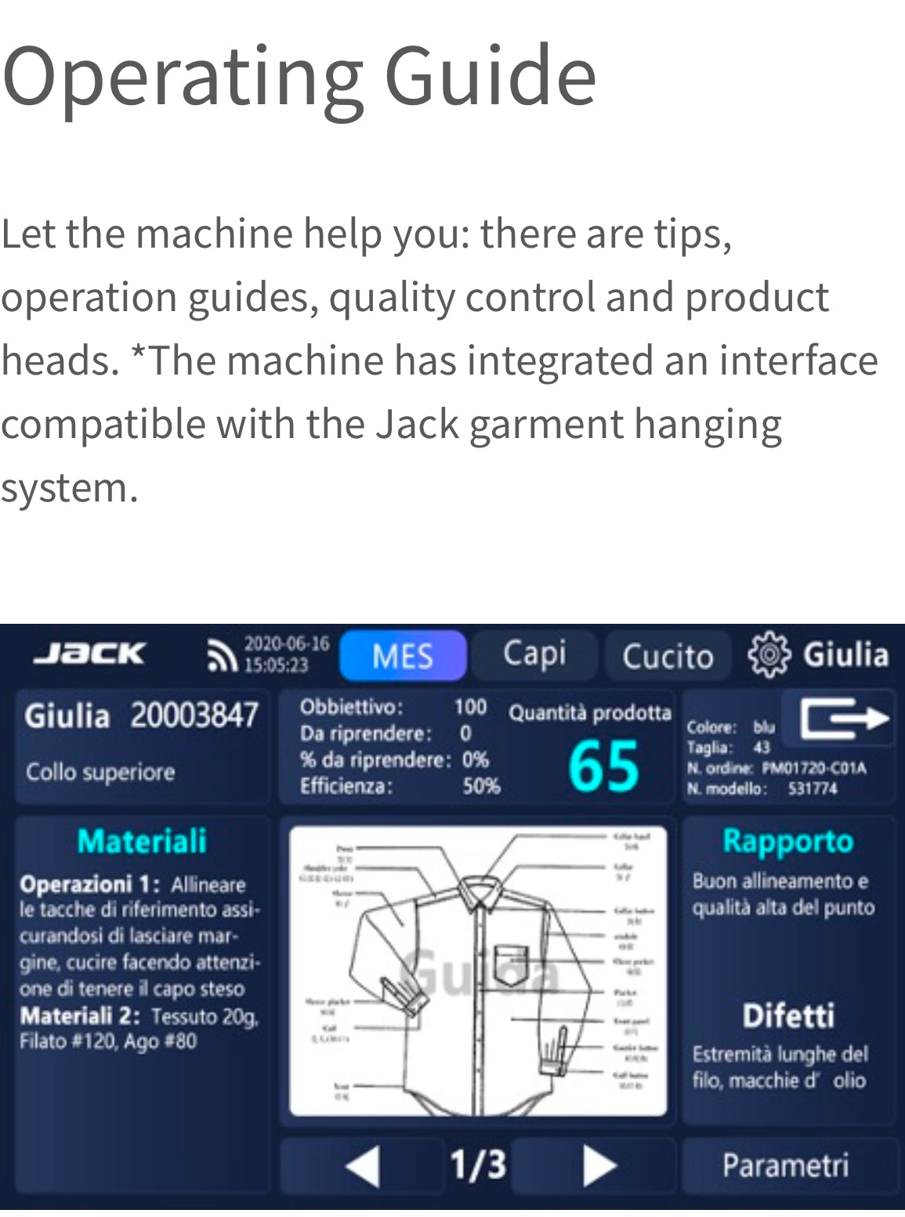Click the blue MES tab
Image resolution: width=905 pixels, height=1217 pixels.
click(403, 655)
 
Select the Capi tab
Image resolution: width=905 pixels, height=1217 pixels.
click(534, 654)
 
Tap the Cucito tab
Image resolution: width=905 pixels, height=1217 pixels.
click(667, 656)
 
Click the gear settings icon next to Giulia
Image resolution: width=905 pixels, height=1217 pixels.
click(769, 654)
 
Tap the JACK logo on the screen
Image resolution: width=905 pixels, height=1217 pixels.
click(90, 654)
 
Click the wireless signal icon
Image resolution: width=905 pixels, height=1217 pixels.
click(221, 656)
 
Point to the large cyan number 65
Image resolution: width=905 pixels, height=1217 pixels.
click(603, 766)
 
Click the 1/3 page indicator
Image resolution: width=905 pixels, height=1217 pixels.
click(477, 1164)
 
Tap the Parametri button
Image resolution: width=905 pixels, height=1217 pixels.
click(786, 1165)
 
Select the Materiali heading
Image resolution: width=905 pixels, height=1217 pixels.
click(142, 841)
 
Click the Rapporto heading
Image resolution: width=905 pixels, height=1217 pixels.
click(787, 841)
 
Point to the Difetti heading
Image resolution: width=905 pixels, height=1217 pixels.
click(788, 1016)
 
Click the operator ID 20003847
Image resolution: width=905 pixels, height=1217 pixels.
click(194, 715)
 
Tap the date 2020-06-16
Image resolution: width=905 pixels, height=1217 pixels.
click(287, 644)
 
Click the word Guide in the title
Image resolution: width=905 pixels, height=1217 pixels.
click(491, 76)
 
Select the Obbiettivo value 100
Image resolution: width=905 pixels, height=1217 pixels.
click(470, 707)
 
